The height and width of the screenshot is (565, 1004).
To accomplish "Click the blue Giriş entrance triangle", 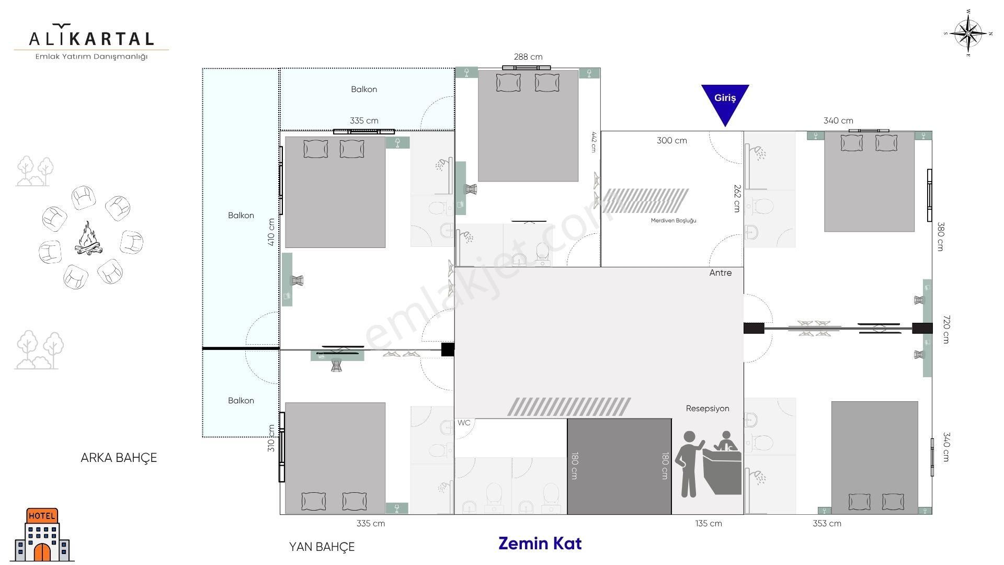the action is (x=725, y=102).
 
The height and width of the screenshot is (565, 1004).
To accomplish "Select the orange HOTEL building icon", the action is (x=42, y=535).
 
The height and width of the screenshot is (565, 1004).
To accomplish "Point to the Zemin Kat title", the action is (x=540, y=544).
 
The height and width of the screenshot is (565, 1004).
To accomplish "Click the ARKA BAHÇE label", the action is (x=119, y=458).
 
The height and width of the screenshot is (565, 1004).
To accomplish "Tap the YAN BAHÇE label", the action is (x=322, y=547).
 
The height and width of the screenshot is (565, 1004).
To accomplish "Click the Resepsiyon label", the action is (x=708, y=409).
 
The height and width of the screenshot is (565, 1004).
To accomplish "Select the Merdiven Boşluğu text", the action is (x=674, y=221).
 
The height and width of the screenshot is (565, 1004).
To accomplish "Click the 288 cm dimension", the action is (x=528, y=56).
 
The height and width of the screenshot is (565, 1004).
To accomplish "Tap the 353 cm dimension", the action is (x=827, y=523).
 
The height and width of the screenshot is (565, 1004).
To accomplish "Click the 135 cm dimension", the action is (x=709, y=523).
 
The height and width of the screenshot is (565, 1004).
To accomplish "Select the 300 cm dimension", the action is (x=672, y=140).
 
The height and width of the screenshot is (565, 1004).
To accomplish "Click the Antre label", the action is (x=721, y=273).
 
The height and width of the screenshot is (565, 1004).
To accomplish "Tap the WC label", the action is (x=464, y=423).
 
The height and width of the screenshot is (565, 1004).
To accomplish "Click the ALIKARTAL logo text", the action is (x=92, y=38).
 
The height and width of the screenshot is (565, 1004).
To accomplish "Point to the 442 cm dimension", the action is (x=594, y=141).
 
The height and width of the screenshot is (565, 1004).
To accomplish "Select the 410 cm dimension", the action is (x=271, y=232).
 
